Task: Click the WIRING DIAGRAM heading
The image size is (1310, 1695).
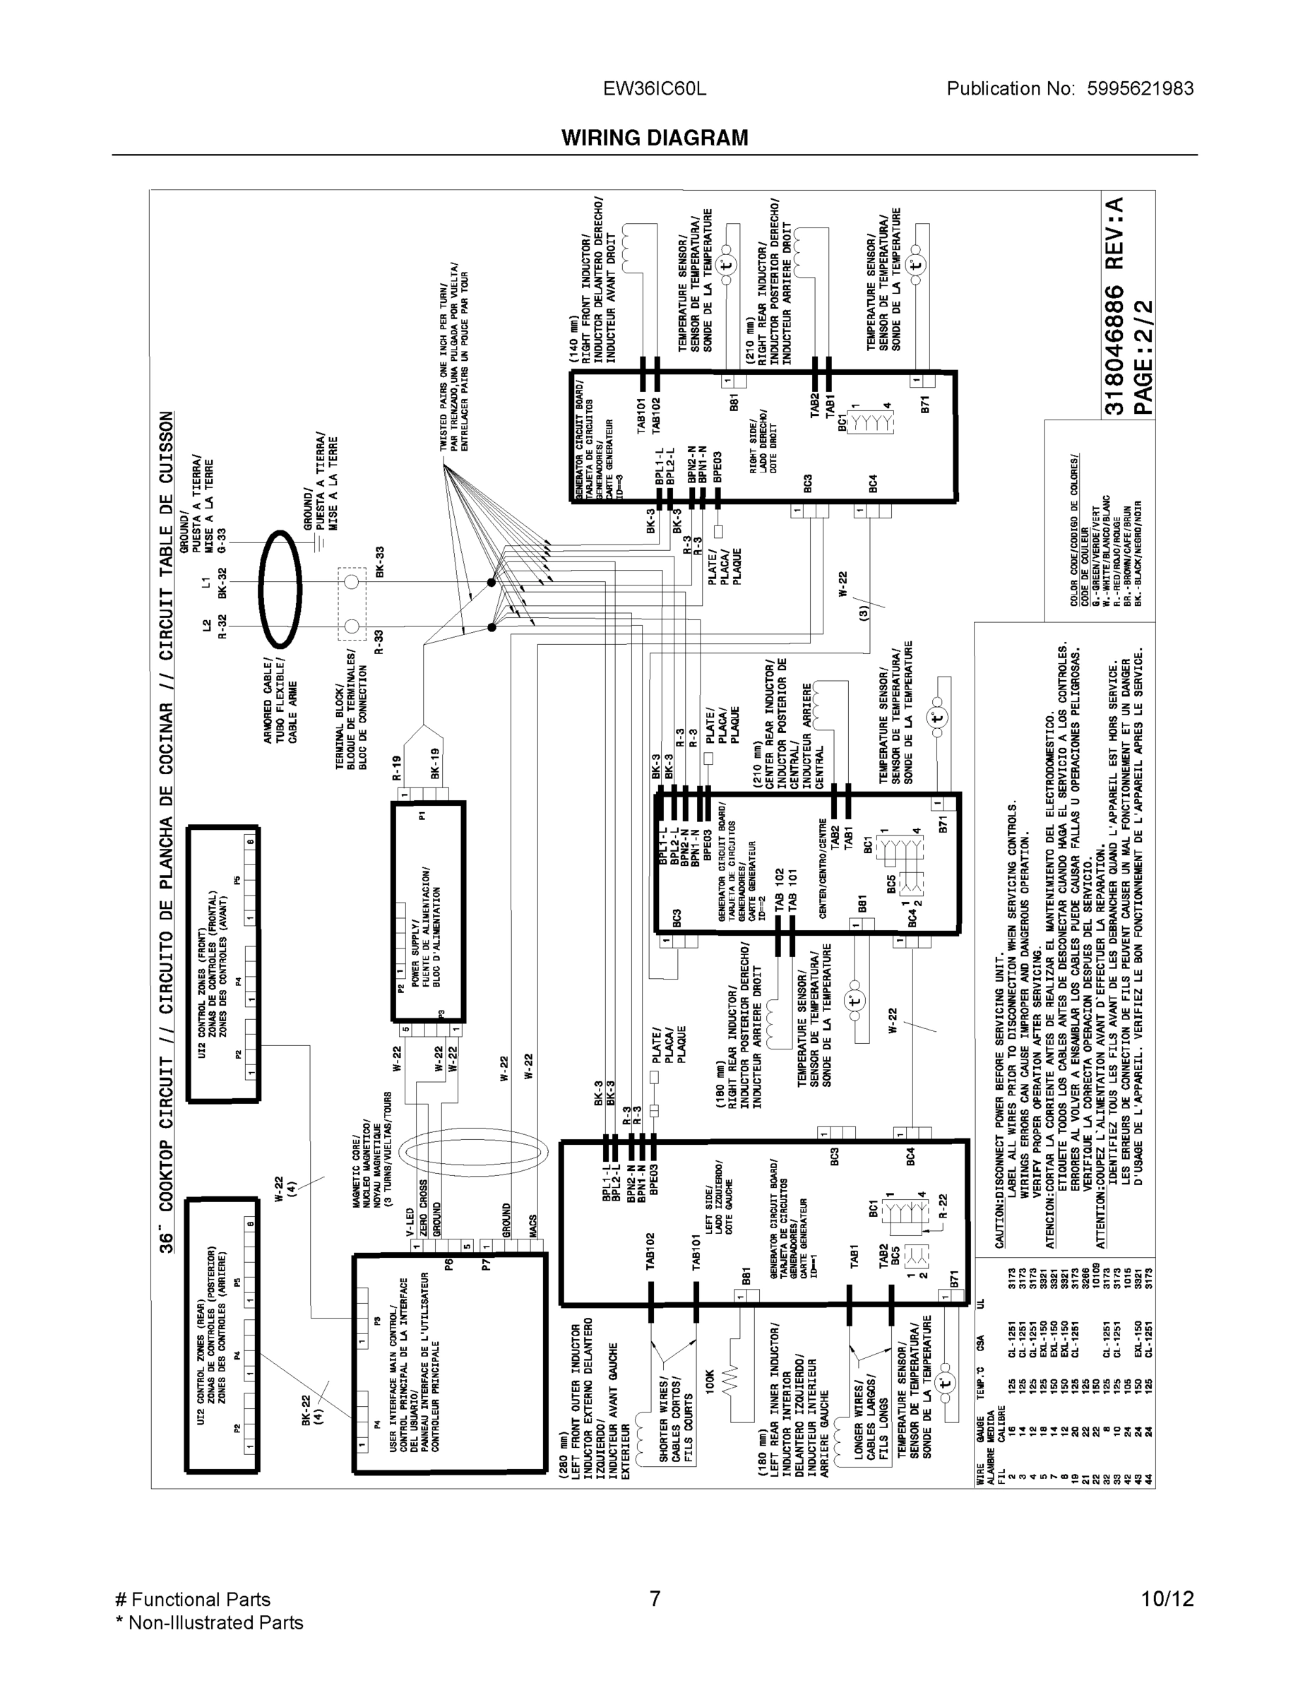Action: (654, 138)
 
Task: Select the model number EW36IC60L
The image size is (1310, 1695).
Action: (654, 88)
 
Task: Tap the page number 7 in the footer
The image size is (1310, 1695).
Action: (654, 1599)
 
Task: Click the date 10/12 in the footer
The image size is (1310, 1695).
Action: (1167, 1599)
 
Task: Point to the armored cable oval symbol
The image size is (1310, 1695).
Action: (280, 589)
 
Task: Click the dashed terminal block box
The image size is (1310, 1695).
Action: (352, 603)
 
